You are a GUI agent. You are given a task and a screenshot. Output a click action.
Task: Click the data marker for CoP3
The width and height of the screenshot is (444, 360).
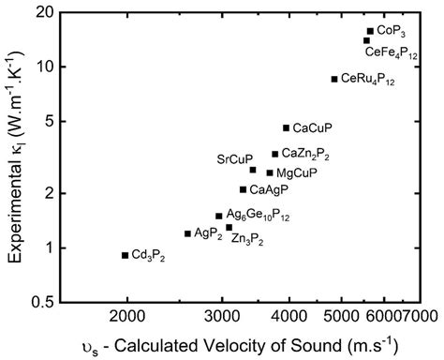370,31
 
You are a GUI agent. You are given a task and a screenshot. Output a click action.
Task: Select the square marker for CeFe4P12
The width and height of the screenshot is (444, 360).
366,40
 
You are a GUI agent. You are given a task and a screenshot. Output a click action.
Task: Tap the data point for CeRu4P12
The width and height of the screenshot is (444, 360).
334,79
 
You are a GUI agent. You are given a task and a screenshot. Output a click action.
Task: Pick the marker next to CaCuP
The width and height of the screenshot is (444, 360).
286,127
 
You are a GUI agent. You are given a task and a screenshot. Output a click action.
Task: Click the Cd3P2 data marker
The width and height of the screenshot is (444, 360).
125,255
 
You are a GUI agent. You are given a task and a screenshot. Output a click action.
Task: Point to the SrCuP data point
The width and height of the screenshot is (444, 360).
253,170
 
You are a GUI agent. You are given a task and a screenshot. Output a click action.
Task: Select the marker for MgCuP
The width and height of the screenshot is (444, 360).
270,172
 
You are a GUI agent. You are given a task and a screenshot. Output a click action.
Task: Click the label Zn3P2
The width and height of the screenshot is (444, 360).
246,240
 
